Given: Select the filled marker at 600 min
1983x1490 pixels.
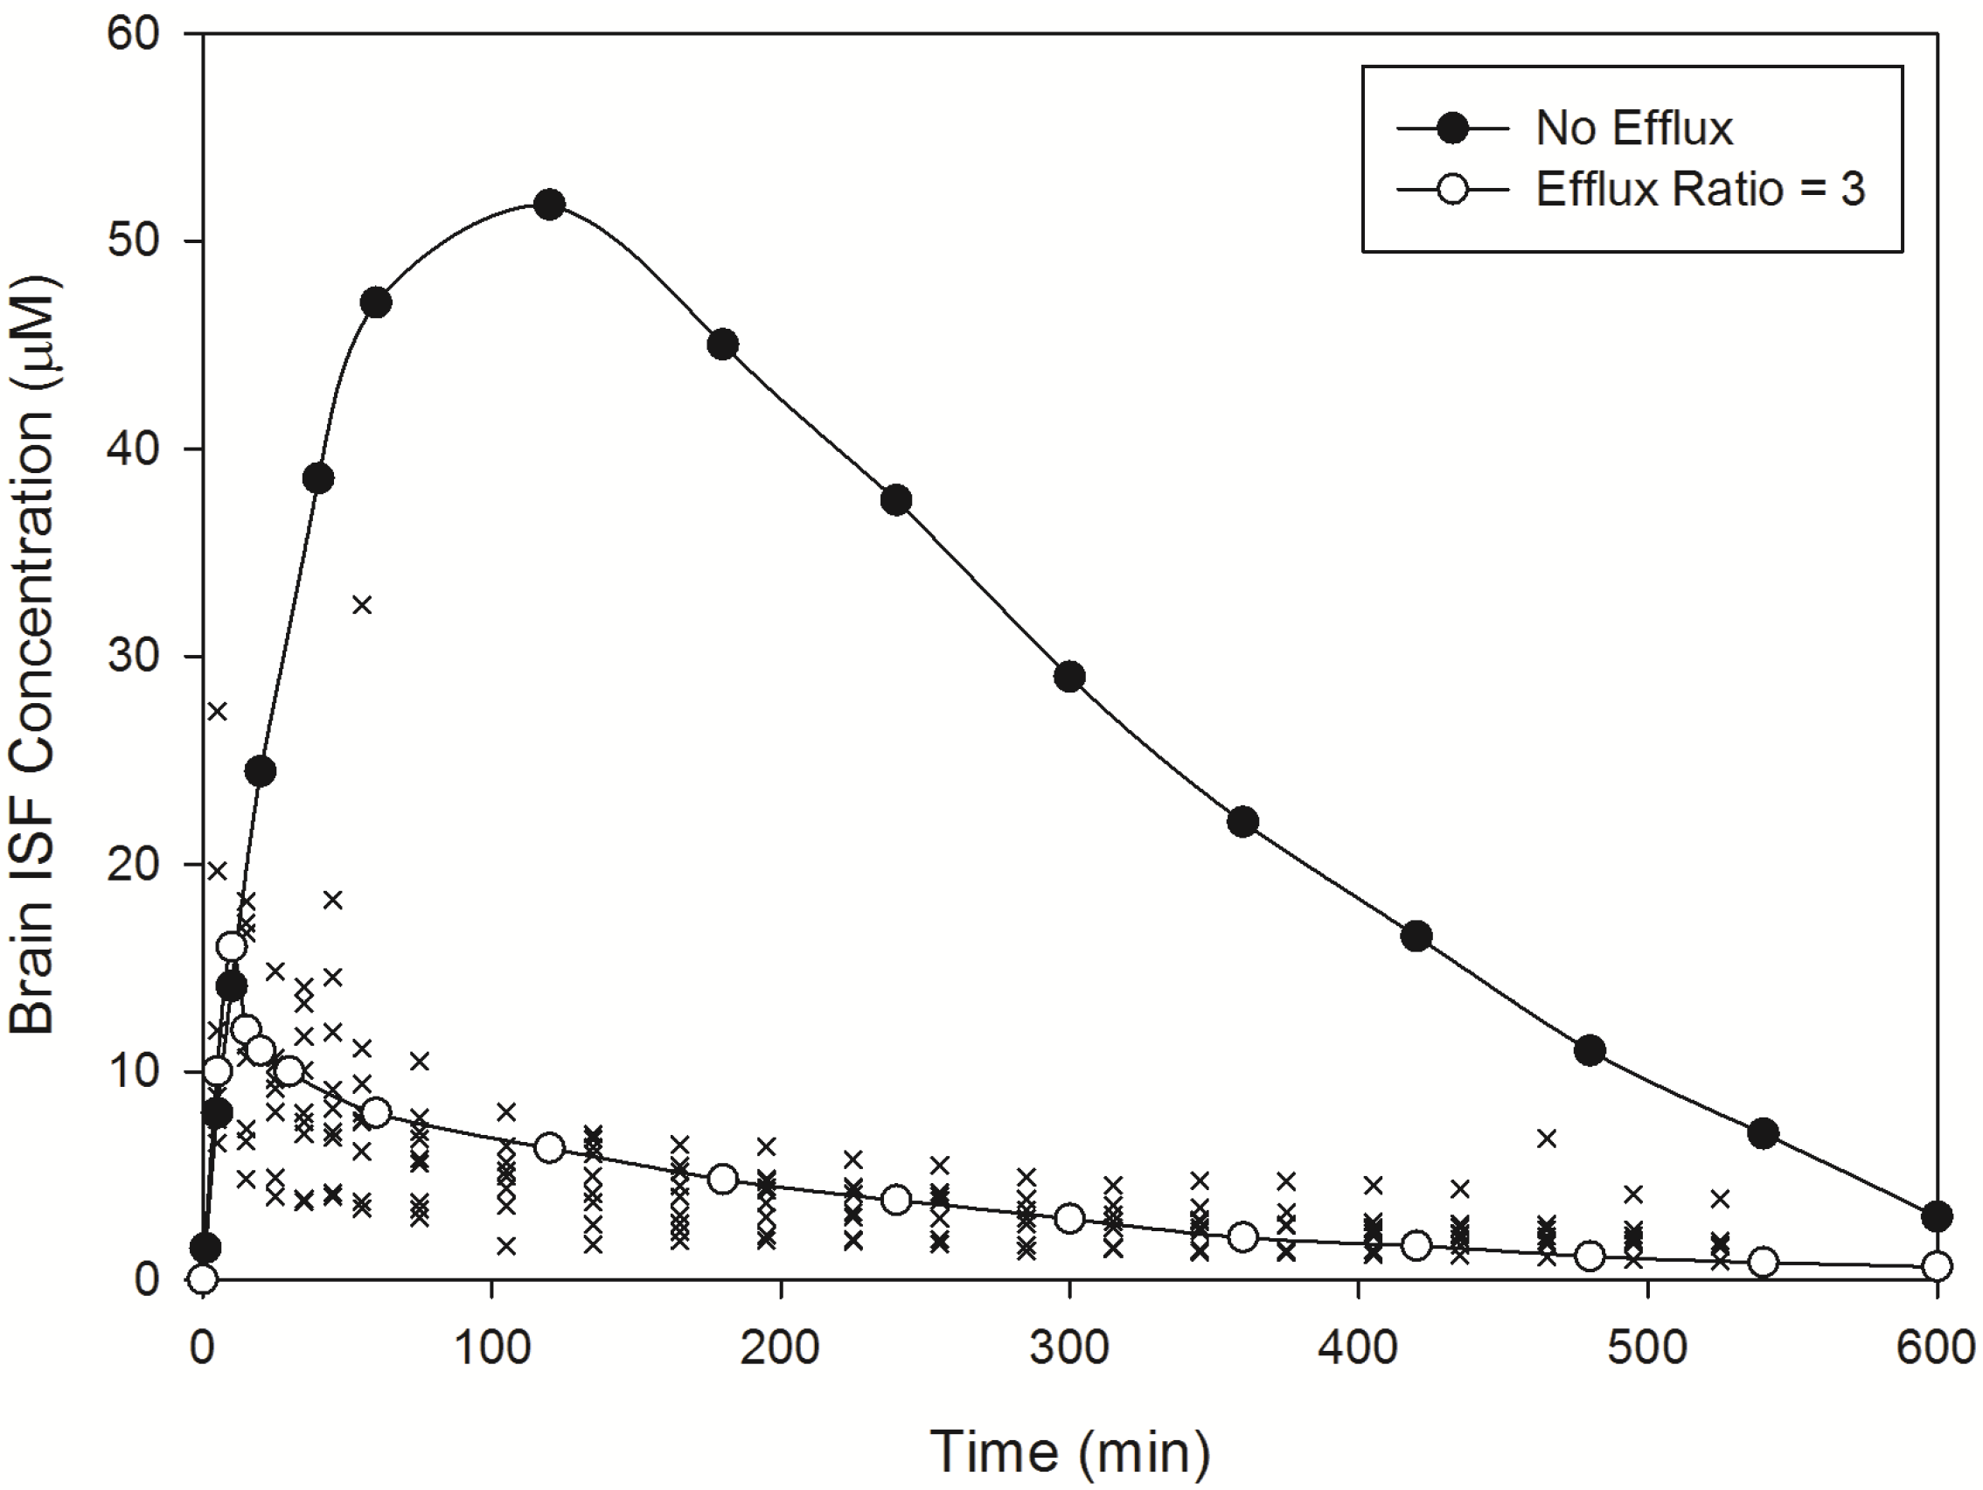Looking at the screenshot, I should (x=1937, y=1216).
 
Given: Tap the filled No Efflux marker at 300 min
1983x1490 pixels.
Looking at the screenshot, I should (x=1069, y=677).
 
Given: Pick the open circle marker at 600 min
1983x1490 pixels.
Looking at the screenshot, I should (x=1937, y=1266).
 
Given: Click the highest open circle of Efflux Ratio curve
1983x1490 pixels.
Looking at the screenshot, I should (x=232, y=946).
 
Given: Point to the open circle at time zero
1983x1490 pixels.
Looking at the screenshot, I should (x=204, y=1278).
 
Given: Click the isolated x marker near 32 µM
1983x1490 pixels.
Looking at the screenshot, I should (x=361, y=605).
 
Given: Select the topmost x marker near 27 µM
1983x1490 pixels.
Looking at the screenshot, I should (x=217, y=711).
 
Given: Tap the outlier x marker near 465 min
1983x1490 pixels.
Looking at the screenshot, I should (x=1547, y=1138).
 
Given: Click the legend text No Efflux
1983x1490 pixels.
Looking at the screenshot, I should (x=1633, y=129).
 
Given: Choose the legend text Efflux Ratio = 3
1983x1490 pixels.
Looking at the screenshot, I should (x=1700, y=189).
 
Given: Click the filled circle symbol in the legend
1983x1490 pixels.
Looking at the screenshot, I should (x=1451, y=129).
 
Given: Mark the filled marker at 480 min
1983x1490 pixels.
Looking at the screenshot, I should (x=1590, y=1051).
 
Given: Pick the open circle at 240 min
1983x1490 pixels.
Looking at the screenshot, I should (x=895, y=1200).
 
